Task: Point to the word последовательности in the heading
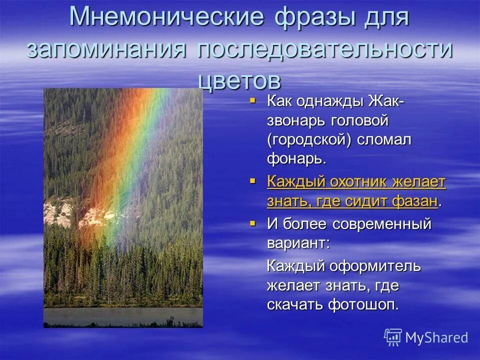tap(325, 50)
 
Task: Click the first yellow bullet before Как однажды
tap(252, 100)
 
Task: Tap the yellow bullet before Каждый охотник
tap(252, 180)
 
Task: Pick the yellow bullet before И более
tap(252, 222)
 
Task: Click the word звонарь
tap(295, 121)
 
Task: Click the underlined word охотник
tap(358, 182)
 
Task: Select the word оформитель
tap(375, 266)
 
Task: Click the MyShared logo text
tap(436, 337)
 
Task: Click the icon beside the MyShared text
tap(393, 337)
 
